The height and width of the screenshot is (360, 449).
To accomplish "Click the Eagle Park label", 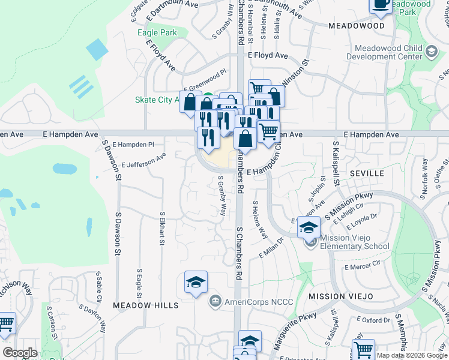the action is (157, 32).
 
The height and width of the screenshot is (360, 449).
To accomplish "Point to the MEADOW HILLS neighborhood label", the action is (145, 305).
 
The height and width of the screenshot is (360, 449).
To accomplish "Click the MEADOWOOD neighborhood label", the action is (356, 26).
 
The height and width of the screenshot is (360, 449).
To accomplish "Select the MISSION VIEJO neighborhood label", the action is (340, 296).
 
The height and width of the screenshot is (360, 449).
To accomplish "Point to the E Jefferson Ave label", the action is (143, 160).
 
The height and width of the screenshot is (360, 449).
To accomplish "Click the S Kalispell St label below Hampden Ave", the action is (336, 162).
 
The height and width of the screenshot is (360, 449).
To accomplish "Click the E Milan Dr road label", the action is (271, 251).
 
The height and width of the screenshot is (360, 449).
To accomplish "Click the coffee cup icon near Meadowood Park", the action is (381, 4).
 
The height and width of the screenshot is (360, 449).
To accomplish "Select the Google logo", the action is (20, 353).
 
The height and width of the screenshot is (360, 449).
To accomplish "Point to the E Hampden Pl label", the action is (133, 145).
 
